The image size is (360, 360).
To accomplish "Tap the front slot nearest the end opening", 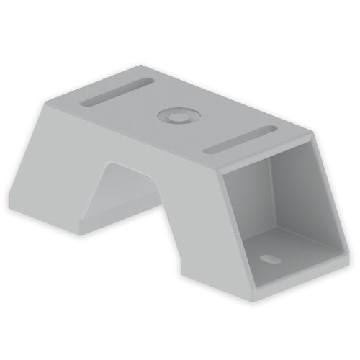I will pos(243,138).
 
